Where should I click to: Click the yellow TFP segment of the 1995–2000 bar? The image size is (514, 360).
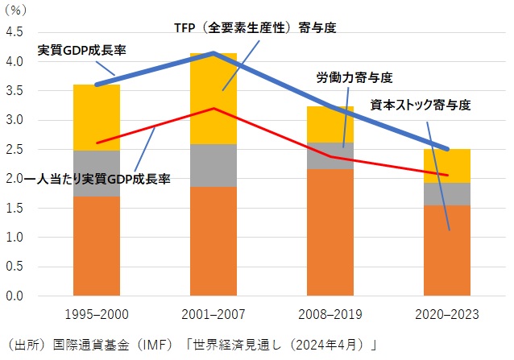96,118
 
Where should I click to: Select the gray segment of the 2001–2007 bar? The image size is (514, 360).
213,165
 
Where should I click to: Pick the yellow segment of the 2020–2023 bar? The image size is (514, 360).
448,165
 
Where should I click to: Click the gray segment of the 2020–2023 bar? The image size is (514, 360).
448,194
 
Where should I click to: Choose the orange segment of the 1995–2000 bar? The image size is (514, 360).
96,246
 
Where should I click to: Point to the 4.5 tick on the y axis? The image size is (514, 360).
15,32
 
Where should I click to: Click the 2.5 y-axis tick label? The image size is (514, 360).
15,150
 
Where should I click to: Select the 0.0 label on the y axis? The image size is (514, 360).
15,296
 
